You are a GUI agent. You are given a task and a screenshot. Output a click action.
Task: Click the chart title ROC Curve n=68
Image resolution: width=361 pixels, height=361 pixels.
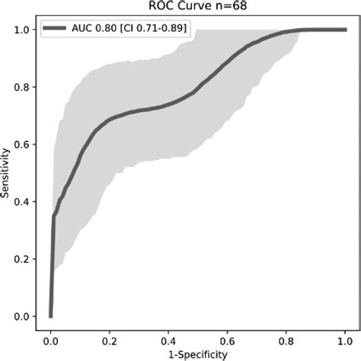(196, 5)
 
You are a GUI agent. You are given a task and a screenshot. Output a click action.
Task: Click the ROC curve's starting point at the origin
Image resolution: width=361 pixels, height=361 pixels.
(50, 316)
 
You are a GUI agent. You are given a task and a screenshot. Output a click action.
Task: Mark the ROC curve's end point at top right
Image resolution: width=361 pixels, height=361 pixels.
(344, 30)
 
